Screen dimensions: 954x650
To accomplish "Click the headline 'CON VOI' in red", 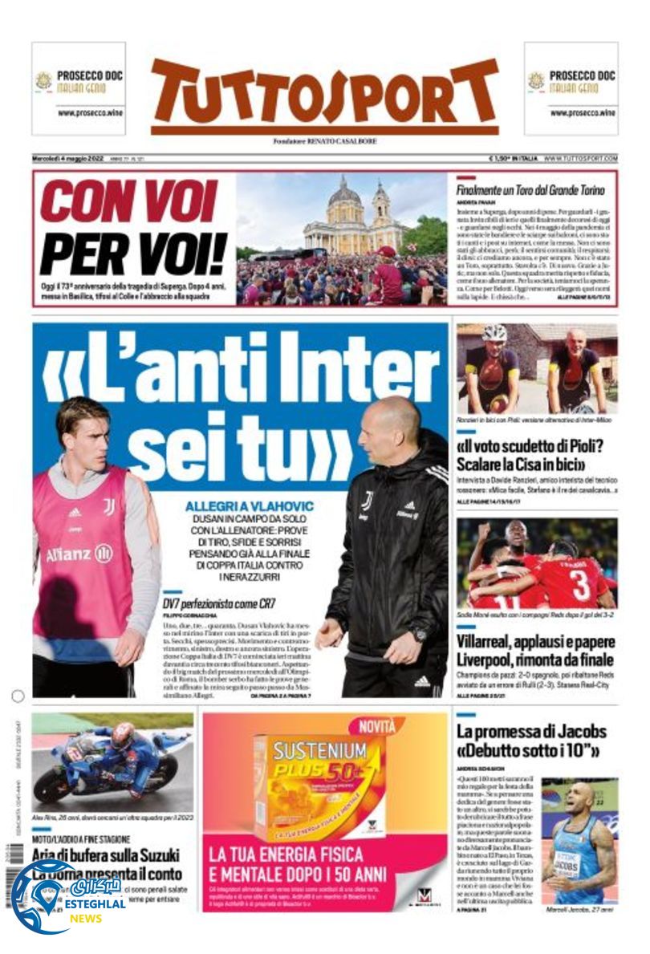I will click(129, 201).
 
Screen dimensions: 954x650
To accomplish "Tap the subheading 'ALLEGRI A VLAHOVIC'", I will click(249, 506).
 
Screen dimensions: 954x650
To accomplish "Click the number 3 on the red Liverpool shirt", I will click(580, 585).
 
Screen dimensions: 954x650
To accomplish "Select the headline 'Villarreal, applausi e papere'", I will click(535, 642).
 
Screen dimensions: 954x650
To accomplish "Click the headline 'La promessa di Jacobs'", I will click(531, 731).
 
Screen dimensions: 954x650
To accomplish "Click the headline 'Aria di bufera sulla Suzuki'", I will click(106, 855).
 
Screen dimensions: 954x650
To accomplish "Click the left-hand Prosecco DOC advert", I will click(79, 88).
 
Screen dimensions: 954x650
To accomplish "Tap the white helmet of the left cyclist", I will click(495, 332).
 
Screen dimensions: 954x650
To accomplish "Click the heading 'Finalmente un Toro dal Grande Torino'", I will click(530, 191).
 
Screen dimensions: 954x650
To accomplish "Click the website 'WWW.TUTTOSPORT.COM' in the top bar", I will click(580, 158).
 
